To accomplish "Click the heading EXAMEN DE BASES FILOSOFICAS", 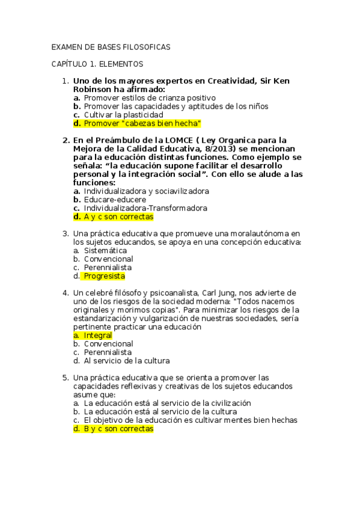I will pyautogui.click(x=111, y=46).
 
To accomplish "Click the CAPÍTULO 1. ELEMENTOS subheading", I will pyautogui.click(x=97, y=63).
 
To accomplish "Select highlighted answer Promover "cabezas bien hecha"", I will pyautogui.click(x=142, y=123).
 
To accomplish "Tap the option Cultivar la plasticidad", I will pyautogui.click(x=123, y=114).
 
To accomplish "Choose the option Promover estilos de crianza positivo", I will pyautogui.click(x=150, y=97).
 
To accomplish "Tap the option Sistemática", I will pyautogui.click(x=105, y=250).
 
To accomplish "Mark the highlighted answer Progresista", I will pyautogui.click(x=104, y=276).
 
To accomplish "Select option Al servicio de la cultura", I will pyautogui.click(x=126, y=361).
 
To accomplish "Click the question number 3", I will pyautogui.click(x=66, y=233).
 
